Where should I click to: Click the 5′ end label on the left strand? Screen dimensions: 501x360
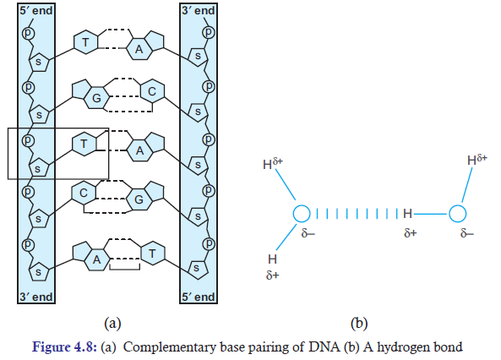point(35,10)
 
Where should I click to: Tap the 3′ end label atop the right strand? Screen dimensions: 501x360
point(198,10)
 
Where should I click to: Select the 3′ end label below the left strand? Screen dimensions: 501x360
point(35,297)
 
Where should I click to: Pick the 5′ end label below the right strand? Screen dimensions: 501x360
point(198,297)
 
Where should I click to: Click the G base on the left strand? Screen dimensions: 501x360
point(96,98)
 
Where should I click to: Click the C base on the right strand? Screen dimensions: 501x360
point(152,92)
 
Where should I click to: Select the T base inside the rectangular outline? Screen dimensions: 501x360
point(84,144)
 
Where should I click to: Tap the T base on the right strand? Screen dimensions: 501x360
point(152,254)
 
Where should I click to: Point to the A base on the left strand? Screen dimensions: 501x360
point(96,259)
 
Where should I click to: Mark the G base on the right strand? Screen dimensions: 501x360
point(139,199)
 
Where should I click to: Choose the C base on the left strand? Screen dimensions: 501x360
point(84,193)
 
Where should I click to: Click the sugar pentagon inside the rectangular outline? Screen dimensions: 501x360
point(39,167)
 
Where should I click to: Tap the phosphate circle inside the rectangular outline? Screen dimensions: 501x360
point(28,140)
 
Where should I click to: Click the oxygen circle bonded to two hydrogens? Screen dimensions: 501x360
point(302,214)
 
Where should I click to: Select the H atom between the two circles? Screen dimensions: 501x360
point(407,214)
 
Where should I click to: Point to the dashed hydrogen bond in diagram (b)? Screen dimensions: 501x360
point(357,214)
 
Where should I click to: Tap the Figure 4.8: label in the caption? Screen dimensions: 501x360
point(64,346)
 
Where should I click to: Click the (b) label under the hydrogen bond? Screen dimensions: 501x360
point(359,324)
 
